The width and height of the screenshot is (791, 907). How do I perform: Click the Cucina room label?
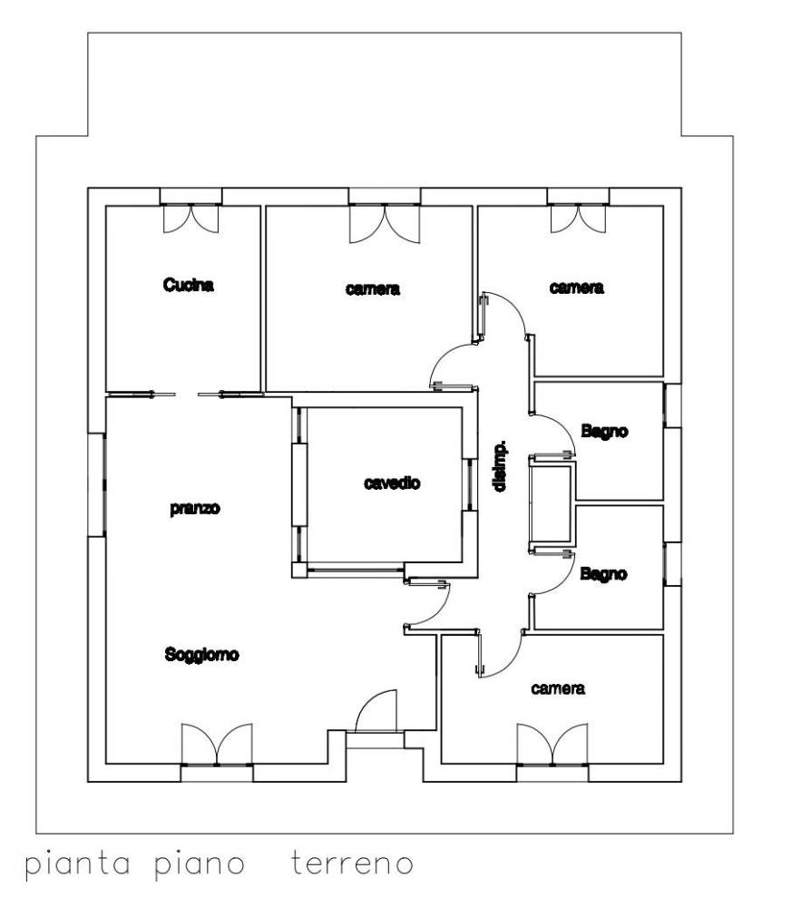(189, 285)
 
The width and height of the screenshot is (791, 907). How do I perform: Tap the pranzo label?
(195, 509)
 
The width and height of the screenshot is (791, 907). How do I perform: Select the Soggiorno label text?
(201, 654)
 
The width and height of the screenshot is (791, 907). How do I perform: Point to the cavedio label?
(392, 483)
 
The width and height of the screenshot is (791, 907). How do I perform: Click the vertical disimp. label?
(501, 466)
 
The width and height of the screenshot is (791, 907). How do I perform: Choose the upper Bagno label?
(605, 431)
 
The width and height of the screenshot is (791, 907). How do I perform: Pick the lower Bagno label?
(603, 574)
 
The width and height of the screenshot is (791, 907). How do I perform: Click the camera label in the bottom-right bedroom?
(558, 688)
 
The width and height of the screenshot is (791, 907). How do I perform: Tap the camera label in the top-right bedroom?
(576, 288)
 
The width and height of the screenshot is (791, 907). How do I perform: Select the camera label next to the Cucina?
(373, 288)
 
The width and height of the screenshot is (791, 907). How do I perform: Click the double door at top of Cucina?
(191, 218)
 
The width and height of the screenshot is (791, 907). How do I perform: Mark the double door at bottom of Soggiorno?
(217, 744)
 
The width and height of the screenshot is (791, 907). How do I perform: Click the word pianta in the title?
(77, 864)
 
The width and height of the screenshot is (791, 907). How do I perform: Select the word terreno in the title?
(352, 863)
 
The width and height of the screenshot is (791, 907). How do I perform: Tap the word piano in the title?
(200, 864)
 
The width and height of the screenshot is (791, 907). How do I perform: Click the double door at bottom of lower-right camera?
(552, 744)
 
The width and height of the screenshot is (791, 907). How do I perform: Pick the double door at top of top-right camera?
(578, 218)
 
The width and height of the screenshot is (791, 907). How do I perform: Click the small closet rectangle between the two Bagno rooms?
(551, 502)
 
